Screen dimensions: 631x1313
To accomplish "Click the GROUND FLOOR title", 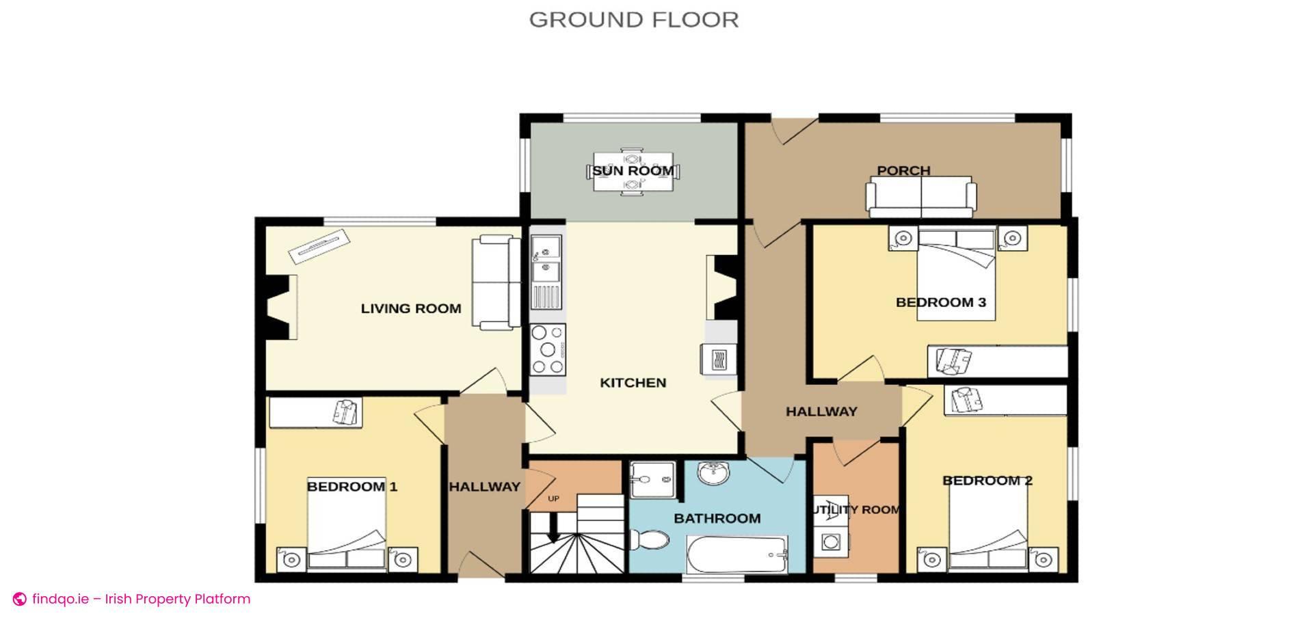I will [633, 20].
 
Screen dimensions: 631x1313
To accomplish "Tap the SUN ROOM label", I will [633, 170].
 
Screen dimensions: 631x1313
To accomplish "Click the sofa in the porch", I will [920, 196].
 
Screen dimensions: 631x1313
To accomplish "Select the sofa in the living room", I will [495, 282].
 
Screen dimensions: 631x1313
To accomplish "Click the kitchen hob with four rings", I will [548, 350].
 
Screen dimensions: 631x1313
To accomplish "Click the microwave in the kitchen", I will [718, 359].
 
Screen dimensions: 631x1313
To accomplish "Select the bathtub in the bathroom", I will [737, 554].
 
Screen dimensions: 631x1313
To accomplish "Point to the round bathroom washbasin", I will [714, 472].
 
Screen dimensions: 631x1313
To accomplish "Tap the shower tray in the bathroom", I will [652, 479].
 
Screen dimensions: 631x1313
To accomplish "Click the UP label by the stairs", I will [553, 498].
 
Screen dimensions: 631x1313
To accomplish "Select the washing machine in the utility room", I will [830, 543].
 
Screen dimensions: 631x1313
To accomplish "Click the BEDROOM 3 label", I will [940, 302].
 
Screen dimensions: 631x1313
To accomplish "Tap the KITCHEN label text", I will [633, 383].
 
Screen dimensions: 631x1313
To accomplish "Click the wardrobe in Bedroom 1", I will [315, 412].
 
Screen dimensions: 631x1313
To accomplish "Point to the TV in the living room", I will [319, 246].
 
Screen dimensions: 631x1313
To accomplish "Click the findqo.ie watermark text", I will [141, 599].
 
